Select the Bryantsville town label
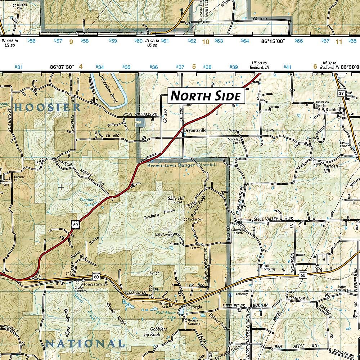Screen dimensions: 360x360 (x=195, y=130)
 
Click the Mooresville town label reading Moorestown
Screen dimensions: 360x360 (x=93, y=284)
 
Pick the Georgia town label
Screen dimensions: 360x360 (x=194, y=307)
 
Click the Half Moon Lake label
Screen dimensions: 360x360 (x=166, y=315)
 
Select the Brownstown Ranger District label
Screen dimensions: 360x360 (x=181, y=165)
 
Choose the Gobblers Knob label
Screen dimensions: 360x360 (x=158, y=332)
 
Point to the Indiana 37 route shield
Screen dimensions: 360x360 (x=341, y=92)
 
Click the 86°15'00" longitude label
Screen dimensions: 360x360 (x=273, y=41)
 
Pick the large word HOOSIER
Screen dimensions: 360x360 (x=48, y=107)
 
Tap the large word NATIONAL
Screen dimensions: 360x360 (x=85, y=343)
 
